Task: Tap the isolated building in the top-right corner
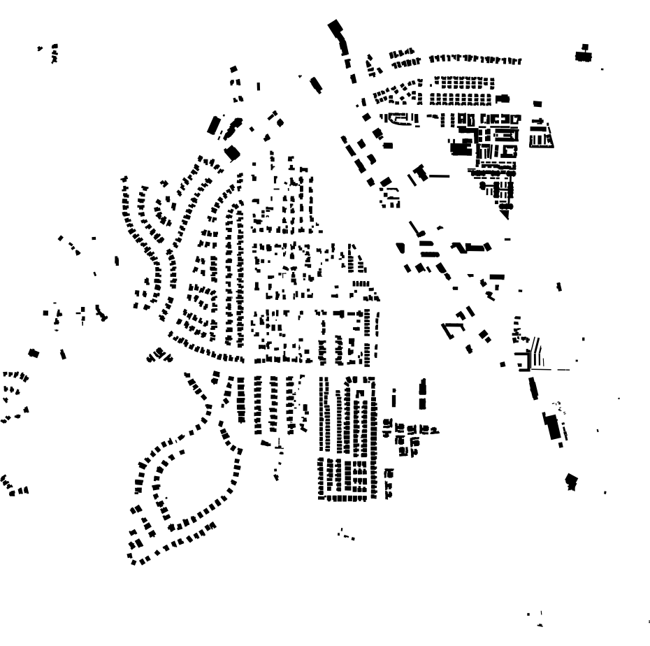(x=584, y=55)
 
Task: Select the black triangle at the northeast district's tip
(x=505, y=213)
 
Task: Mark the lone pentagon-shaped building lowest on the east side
(x=572, y=481)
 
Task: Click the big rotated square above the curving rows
(x=231, y=153)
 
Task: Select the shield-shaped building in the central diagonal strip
(x=400, y=247)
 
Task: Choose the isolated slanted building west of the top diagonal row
(x=315, y=85)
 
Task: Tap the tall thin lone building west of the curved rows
(x=117, y=261)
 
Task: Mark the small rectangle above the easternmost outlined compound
(x=537, y=104)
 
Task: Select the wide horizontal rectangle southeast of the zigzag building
(x=497, y=277)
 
